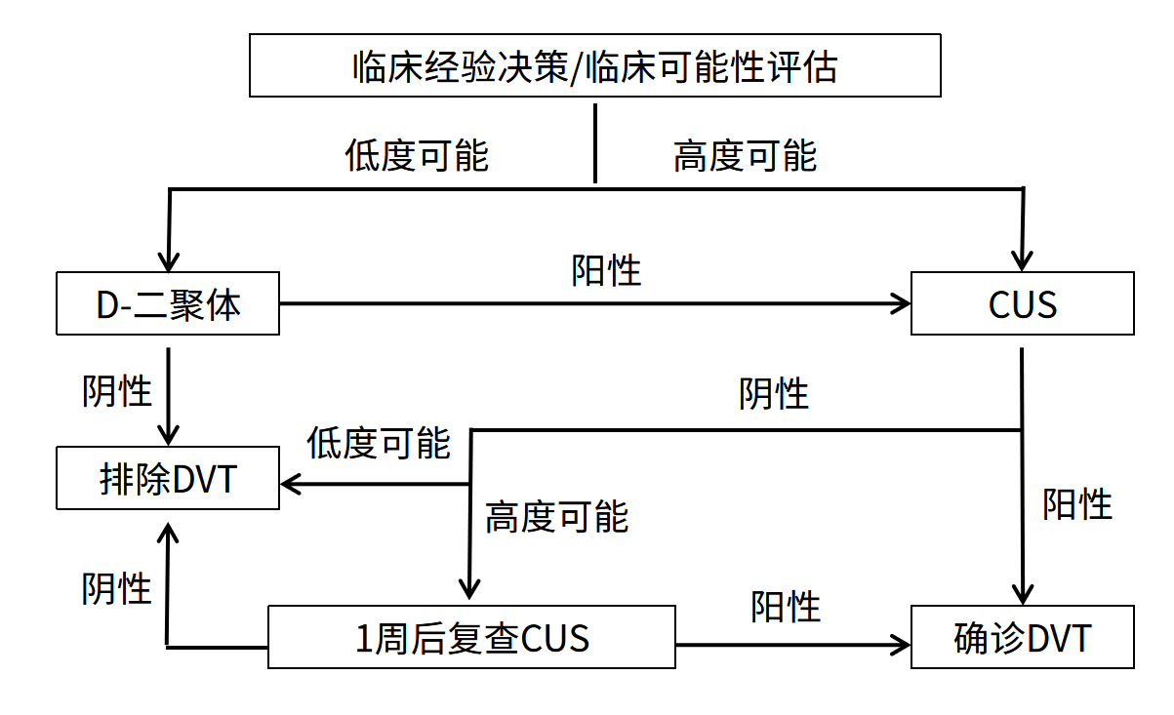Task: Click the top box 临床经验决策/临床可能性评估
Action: click(594, 66)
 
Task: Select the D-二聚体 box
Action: click(168, 304)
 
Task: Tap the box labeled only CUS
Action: click(1022, 304)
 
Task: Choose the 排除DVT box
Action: click(168, 479)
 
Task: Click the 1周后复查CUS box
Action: click(471, 638)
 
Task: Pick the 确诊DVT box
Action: click(1022, 638)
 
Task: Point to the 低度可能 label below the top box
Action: click(417, 155)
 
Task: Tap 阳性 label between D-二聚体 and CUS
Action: click(606, 270)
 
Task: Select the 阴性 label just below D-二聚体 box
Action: click(117, 391)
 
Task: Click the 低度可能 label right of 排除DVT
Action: click(379, 443)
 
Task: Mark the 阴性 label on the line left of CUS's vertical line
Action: click(774, 394)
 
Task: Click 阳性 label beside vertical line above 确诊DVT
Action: click(1077, 504)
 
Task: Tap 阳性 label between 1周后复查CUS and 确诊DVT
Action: click(786, 606)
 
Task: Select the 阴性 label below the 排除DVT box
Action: click(117, 588)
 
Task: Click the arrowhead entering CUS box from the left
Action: click(900, 304)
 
